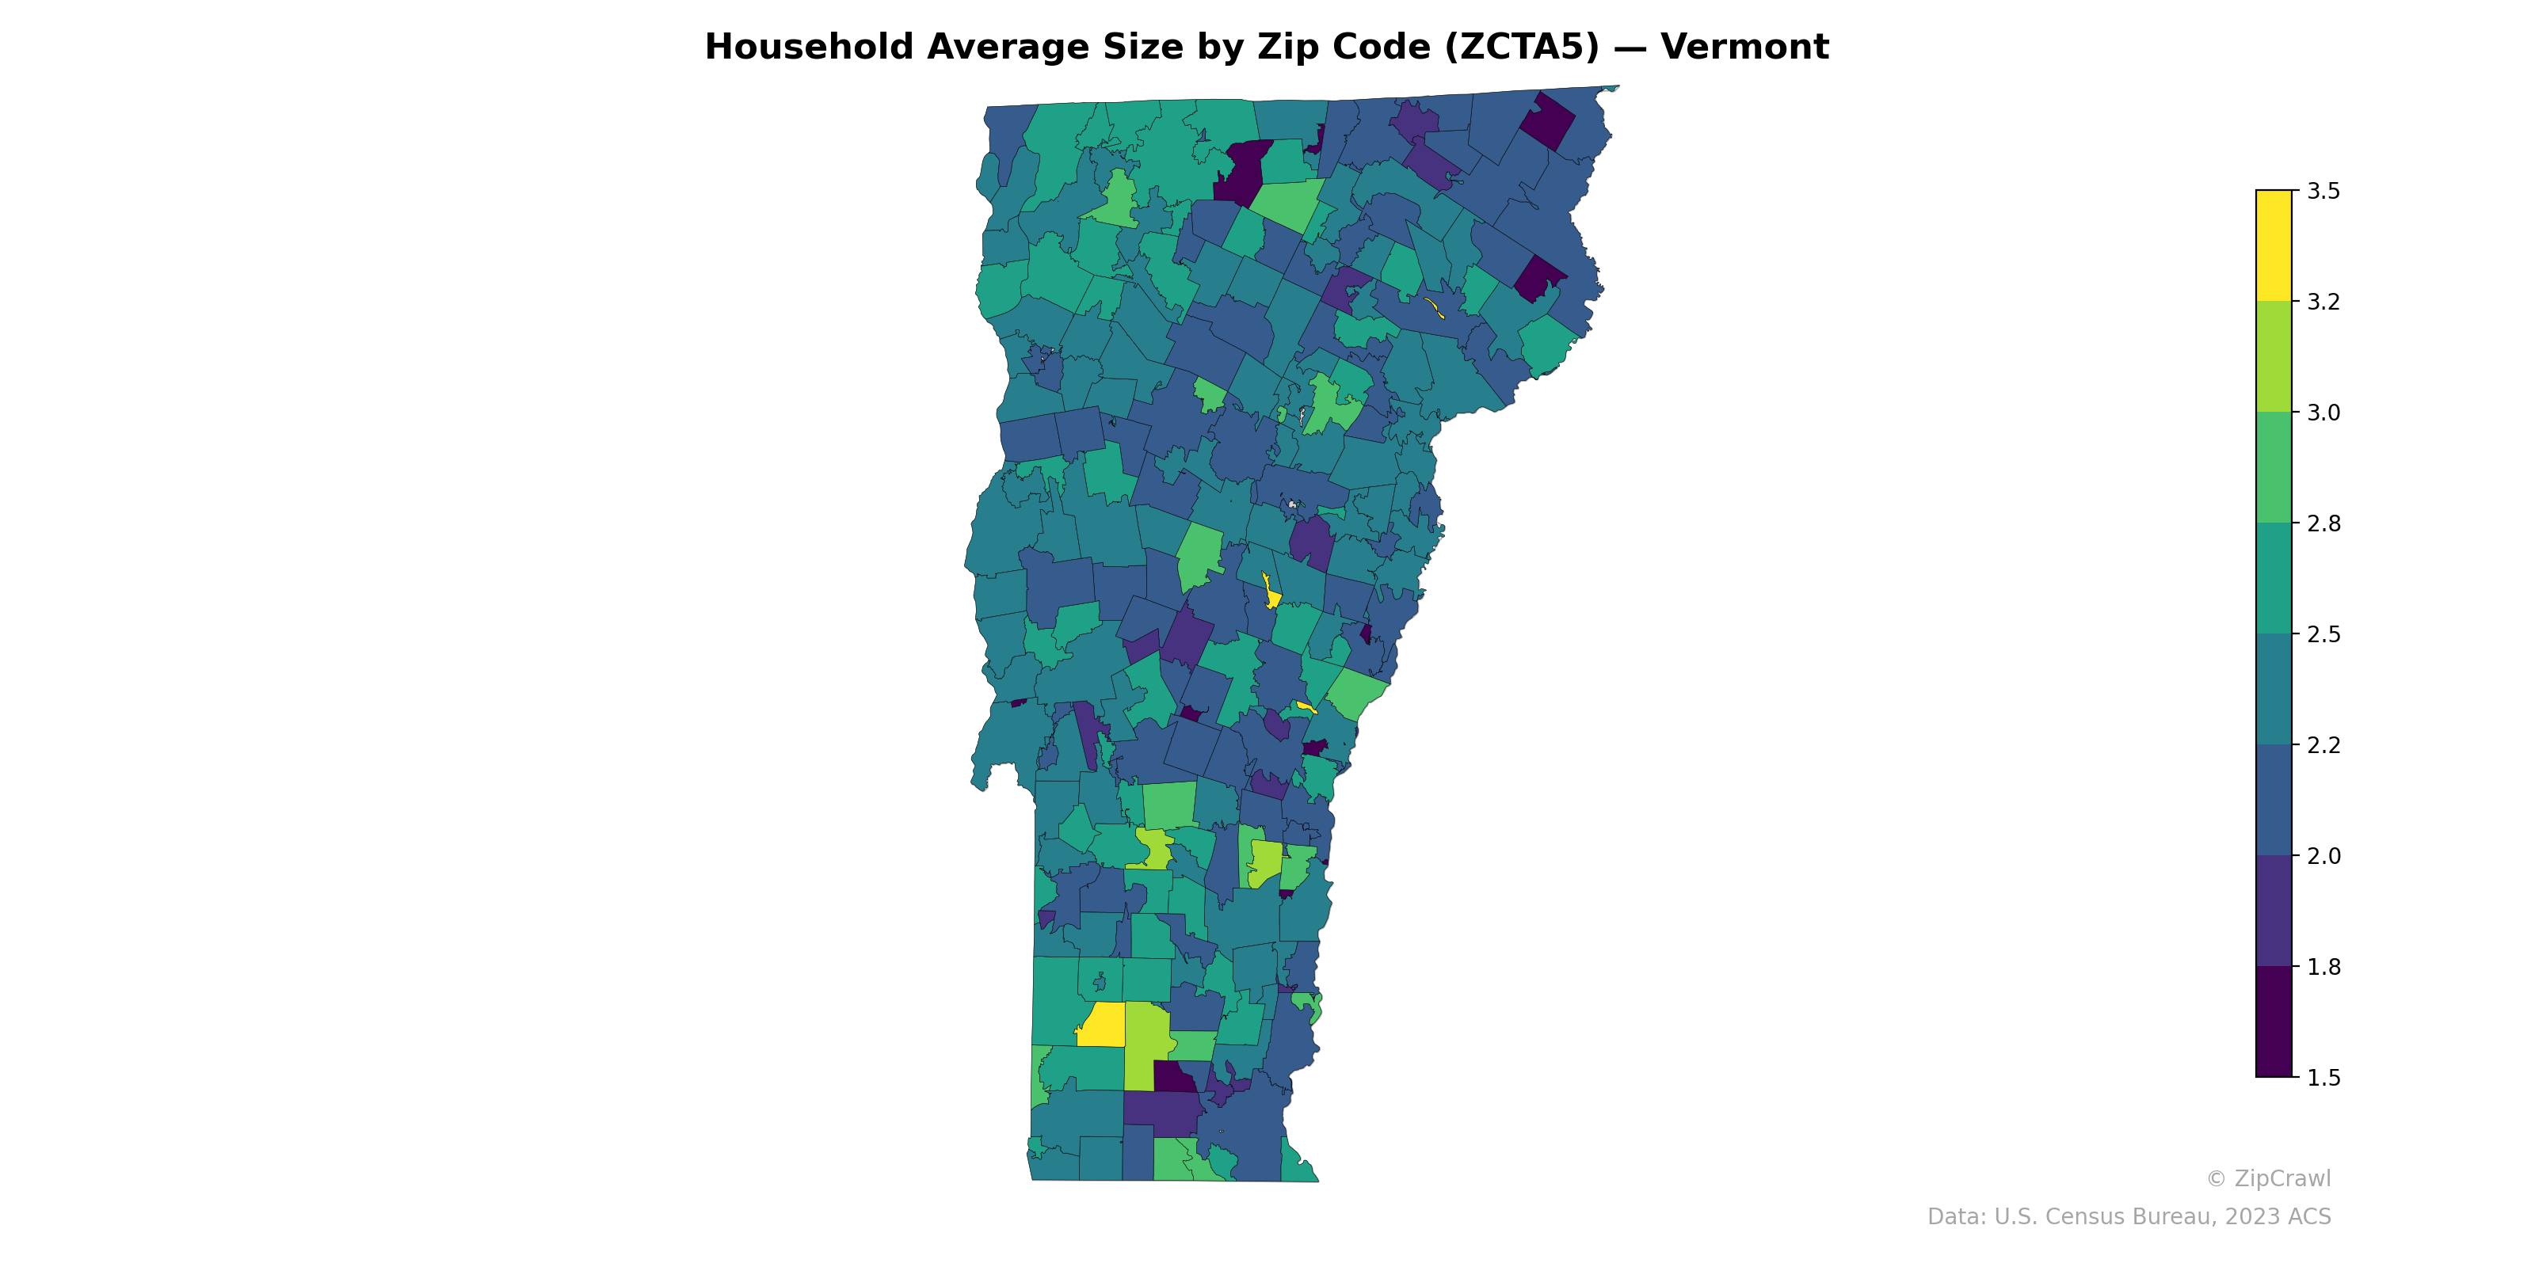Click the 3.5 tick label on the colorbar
point(2323,191)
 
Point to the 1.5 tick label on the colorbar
point(2323,1078)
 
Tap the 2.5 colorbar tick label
point(2323,634)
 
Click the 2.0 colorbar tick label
point(2323,856)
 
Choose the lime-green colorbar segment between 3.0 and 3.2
point(2274,356)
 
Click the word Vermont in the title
point(1744,48)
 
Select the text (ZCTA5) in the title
point(1521,48)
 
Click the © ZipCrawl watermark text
point(2268,1178)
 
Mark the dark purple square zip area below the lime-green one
point(1174,1077)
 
